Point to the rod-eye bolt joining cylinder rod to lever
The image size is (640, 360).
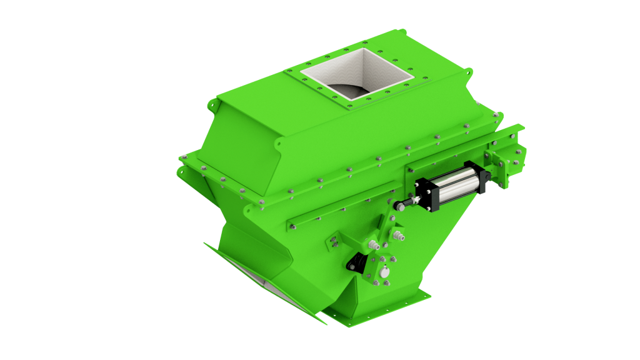tap(398, 206)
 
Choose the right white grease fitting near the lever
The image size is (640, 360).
tap(397, 237)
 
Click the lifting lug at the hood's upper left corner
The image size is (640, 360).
tap(214, 106)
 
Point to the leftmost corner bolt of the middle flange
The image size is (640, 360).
tap(182, 157)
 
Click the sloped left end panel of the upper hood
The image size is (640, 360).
tap(244, 144)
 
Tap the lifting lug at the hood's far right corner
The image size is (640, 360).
tap(498, 115)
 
